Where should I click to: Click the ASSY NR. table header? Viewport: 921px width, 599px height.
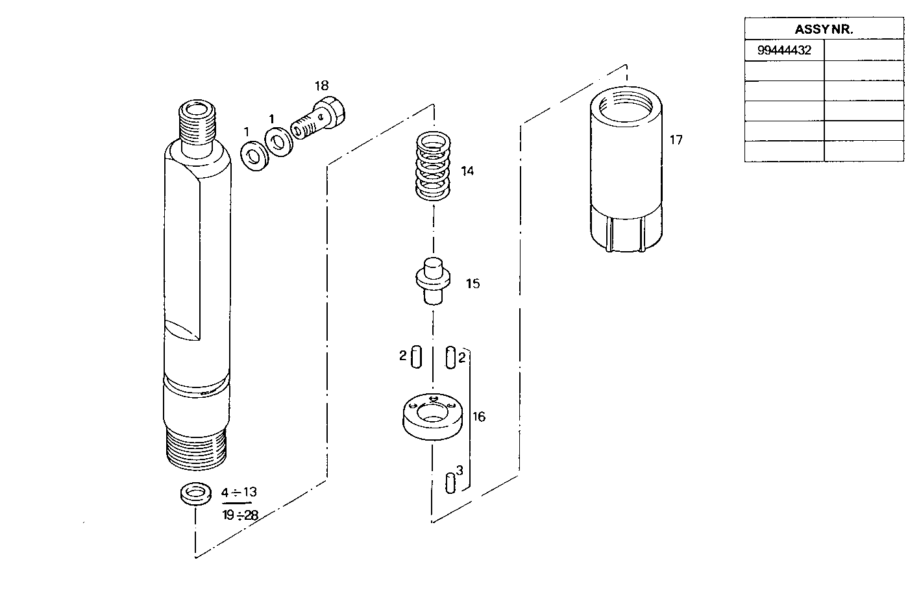coord(823,29)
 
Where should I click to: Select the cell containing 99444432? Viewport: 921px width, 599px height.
coord(784,50)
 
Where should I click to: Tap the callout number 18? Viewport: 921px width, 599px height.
coord(321,86)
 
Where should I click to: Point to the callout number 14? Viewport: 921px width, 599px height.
coord(467,171)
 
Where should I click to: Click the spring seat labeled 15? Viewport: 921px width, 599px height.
coord(432,280)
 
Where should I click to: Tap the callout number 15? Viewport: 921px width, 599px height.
coord(473,284)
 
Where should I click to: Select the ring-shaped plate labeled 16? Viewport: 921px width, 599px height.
coord(432,419)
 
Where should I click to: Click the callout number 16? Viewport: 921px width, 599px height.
coord(479,417)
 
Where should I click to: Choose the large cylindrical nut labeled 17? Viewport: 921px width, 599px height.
coord(626,170)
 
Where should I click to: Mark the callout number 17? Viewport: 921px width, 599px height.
coord(676,140)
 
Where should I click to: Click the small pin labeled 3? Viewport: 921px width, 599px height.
coord(450,483)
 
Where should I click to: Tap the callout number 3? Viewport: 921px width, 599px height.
coord(460,470)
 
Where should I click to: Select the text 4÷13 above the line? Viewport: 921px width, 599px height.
coord(239,493)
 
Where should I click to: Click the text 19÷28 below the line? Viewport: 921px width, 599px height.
coord(239,515)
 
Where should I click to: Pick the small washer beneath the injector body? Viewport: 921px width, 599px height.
coord(195,494)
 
